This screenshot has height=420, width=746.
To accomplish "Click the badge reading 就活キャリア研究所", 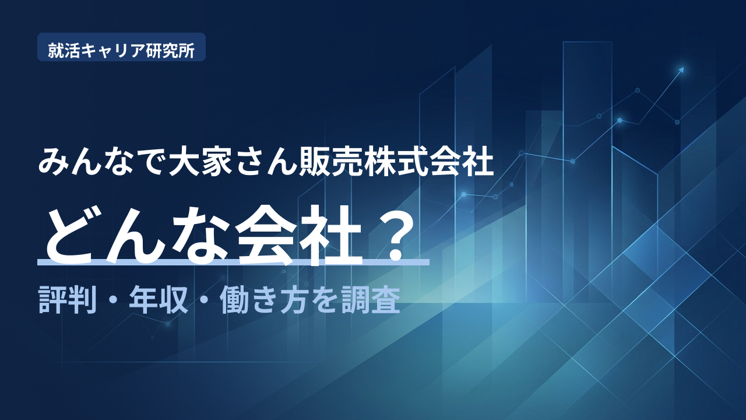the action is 121,47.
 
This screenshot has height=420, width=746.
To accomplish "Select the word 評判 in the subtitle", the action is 68,300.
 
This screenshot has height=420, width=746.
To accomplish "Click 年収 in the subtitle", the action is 159,300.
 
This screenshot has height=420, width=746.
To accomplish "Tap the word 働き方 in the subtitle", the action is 264,300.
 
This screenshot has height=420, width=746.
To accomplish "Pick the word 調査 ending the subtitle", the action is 371,300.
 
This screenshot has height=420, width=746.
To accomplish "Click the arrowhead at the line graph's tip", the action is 681,70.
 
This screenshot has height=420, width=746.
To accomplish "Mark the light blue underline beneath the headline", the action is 234,262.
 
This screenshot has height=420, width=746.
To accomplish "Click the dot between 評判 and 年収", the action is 113,301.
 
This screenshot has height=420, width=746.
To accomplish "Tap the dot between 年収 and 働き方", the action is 204,301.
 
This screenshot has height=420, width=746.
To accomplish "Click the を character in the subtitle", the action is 325,300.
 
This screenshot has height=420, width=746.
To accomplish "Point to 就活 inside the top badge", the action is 64,51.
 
